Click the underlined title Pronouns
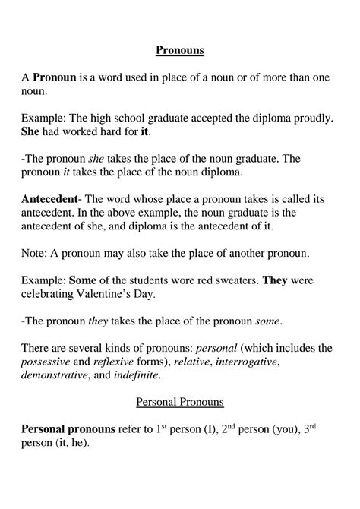click(x=180, y=52)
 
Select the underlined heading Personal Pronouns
click(x=180, y=400)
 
